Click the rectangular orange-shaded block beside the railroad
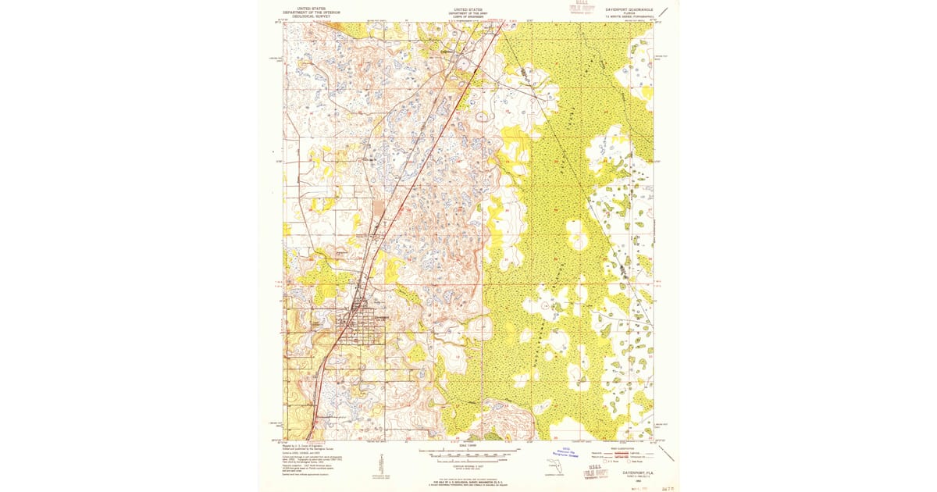click(379, 207)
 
